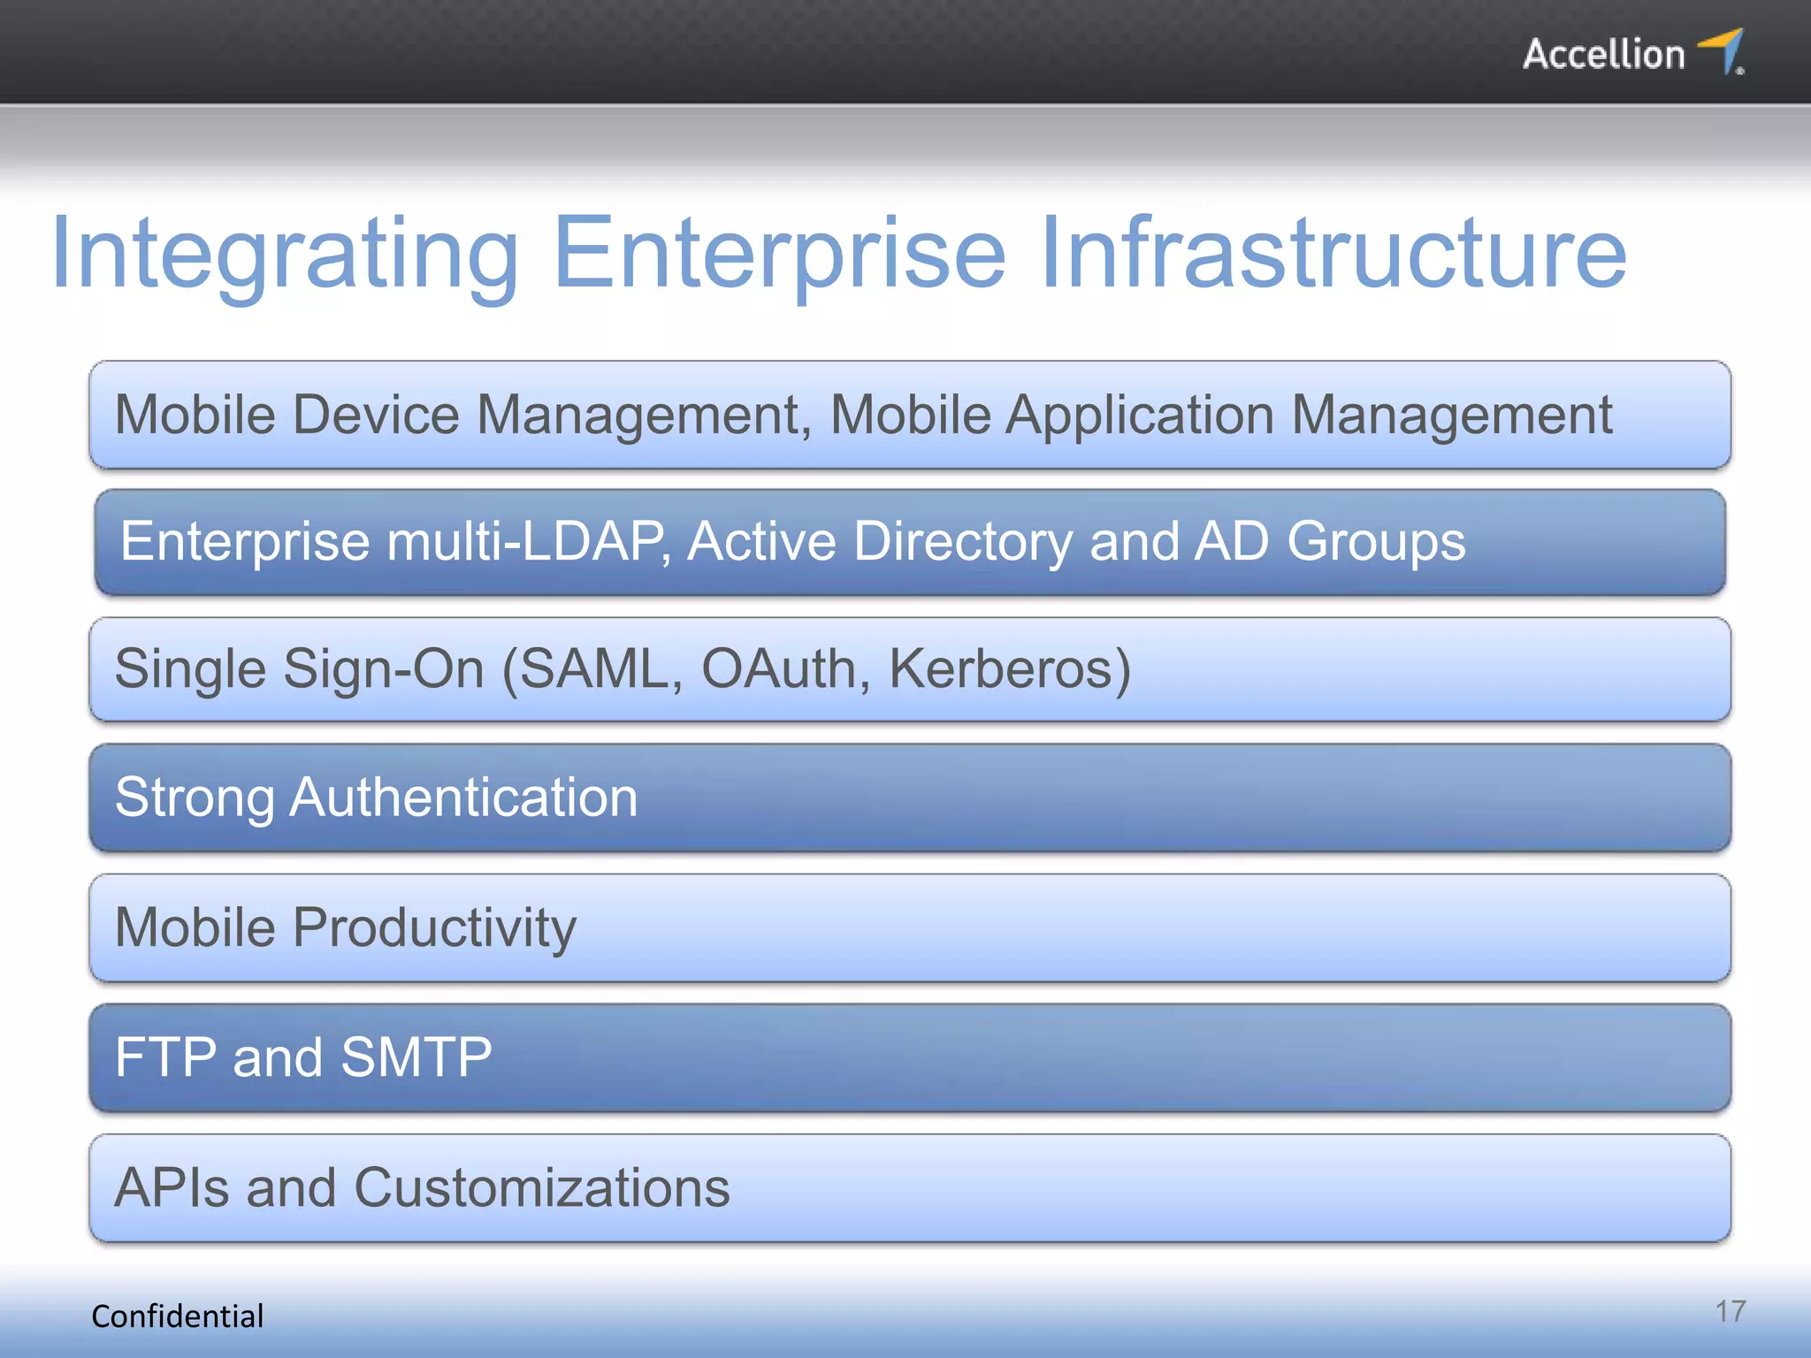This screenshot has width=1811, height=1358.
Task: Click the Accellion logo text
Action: coord(1602,55)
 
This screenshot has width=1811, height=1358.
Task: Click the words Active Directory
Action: coord(880,541)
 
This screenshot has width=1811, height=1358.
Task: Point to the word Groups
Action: coord(1376,541)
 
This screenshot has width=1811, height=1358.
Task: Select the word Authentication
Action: coord(463,797)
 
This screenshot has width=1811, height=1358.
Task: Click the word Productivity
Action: coord(434,928)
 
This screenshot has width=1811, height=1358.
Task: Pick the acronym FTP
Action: coord(166,1057)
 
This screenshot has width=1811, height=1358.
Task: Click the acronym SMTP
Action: coord(416,1057)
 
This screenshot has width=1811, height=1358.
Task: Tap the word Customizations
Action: coord(541,1187)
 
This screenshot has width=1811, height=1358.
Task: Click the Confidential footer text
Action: coord(178,1316)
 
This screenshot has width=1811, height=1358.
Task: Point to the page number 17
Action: coord(1731,1311)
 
